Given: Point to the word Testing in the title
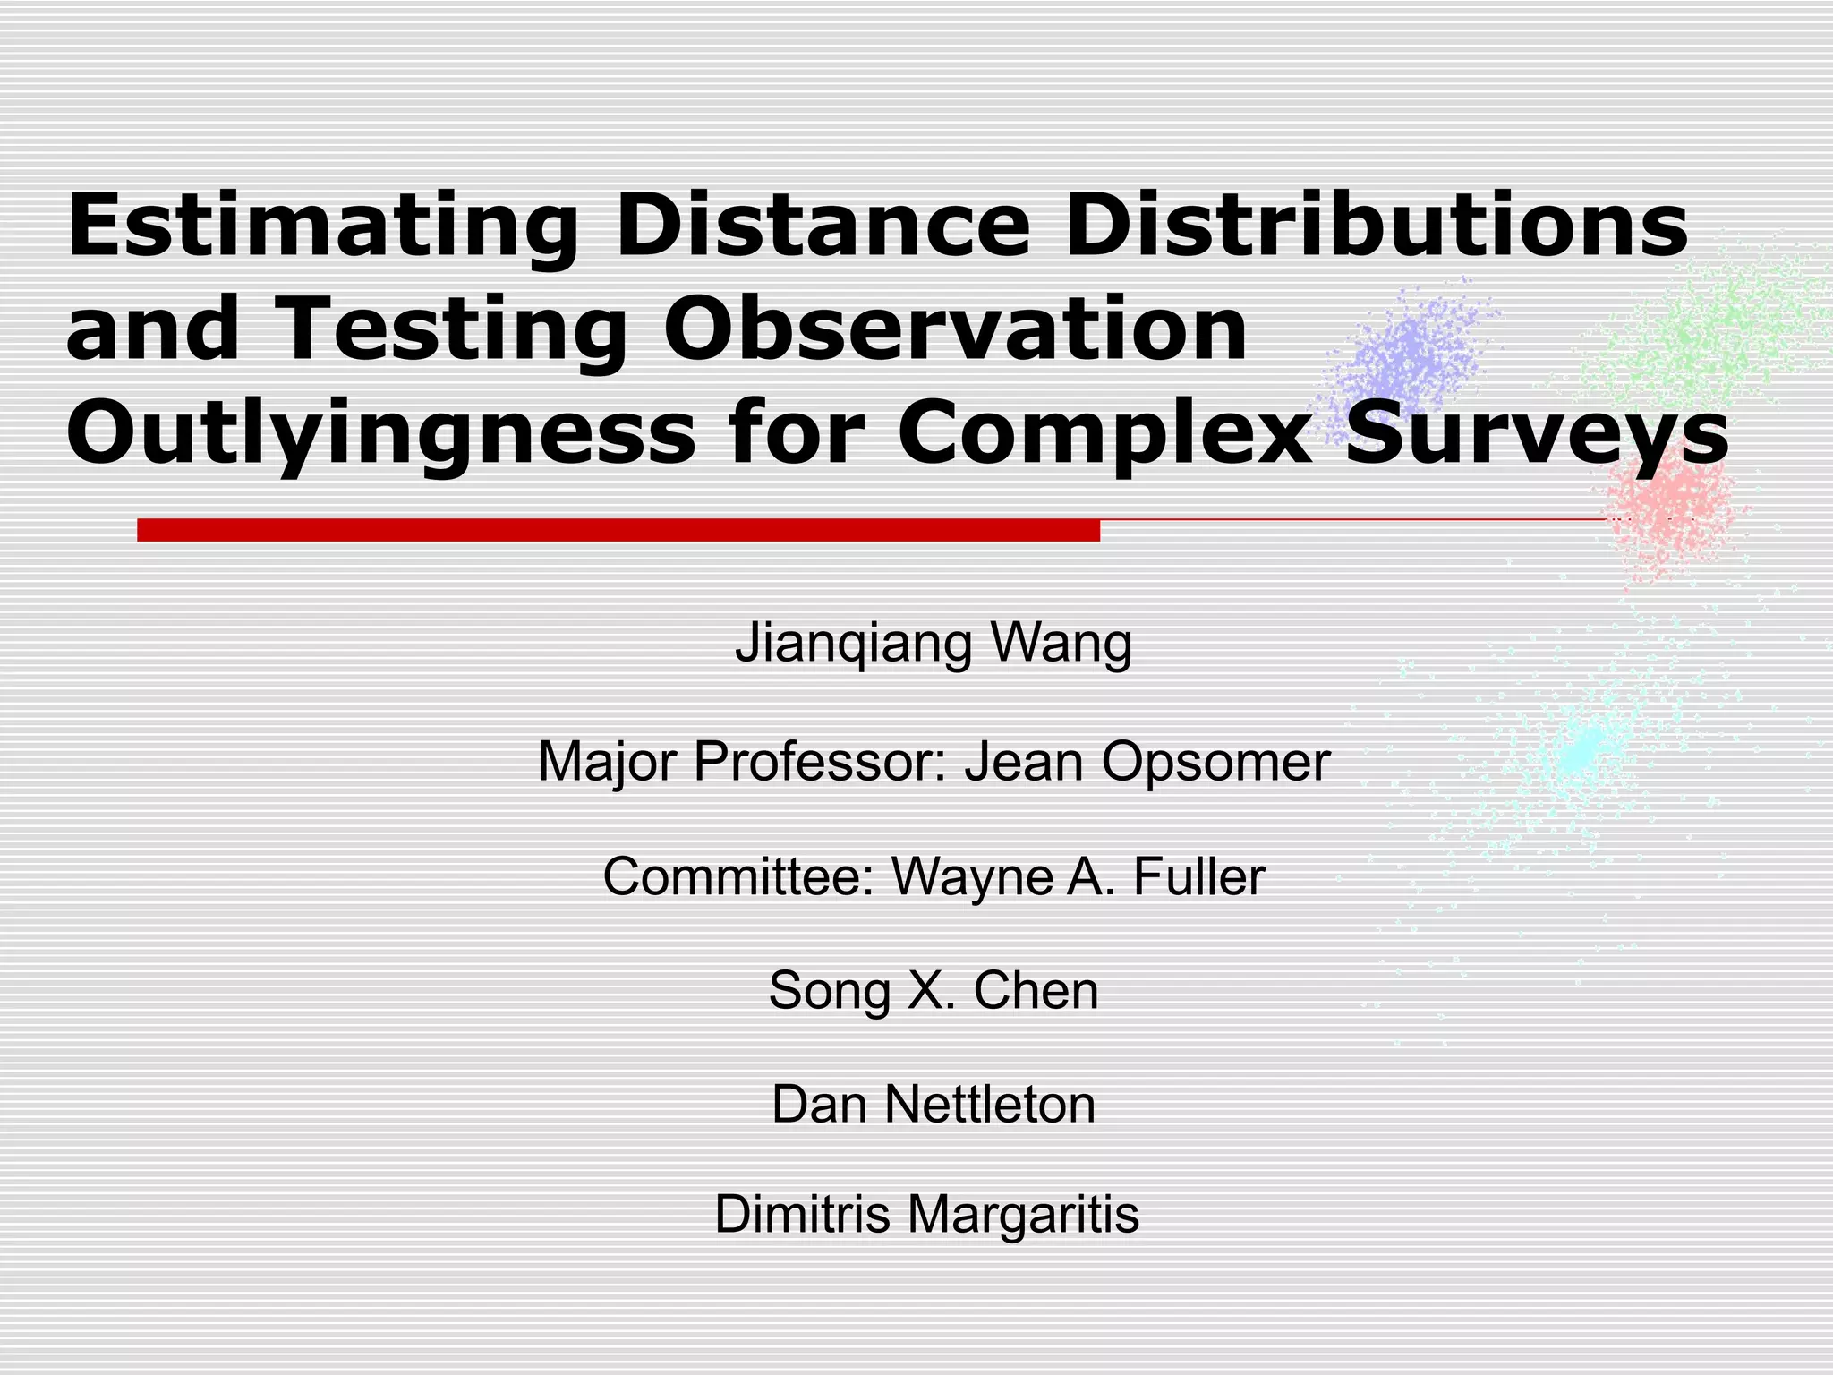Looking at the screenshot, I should tap(452, 329).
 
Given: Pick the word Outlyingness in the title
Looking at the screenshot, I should tap(380, 435).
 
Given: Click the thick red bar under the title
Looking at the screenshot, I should tap(618, 530).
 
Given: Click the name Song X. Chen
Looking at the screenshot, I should tap(933, 990).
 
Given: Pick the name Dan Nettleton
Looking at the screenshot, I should tap(933, 1104).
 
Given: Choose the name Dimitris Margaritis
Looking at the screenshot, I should tap(926, 1215).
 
